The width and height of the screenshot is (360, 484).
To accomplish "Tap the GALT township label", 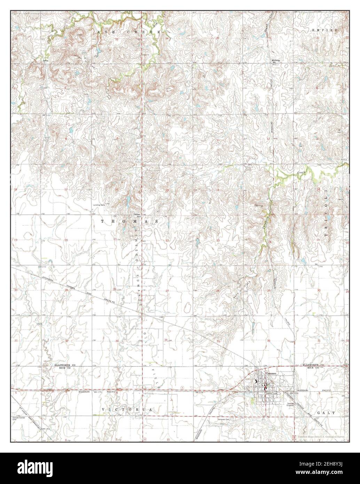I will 327,413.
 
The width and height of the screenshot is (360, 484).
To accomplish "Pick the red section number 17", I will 65,189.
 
